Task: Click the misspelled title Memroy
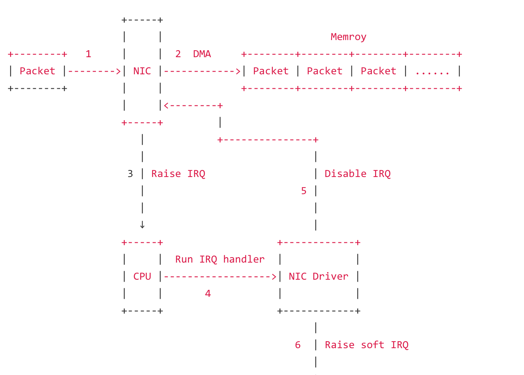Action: pyautogui.click(x=348, y=37)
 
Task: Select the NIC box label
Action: pyautogui.click(x=142, y=71)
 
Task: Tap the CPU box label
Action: pyautogui.click(x=142, y=277)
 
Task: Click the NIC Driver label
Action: pyautogui.click(x=318, y=277)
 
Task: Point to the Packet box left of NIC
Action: pyautogui.click(x=37, y=71)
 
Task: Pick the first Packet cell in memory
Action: pyautogui.click(x=271, y=71)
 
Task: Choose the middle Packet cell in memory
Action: pyautogui.click(x=325, y=71)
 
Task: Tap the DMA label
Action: pyautogui.click(x=202, y=54)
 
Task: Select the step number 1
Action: pyautogui.click(x=88, y=54)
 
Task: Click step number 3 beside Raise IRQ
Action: pyautogui.click(x=130, y=174)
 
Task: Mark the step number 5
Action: pyautogui.click(x=304, y=191)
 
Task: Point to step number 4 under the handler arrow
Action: pyautogui.click(x=208, y=294)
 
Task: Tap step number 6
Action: pyautogui.click(x=298, y=345)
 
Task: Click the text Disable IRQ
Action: pyautogui.click(x=357, y=174)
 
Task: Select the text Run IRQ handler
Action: pyautogui.click(x=220, y=259)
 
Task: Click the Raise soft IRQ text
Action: pyautogui.click(x=367, y=345)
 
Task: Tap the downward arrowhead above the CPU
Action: pyautogui.click(x=142, y=225)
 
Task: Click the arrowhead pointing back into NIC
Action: pyautogui.click(x=166, y=105)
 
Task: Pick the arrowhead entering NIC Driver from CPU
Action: pyautogui.click(x=274, y=277)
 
